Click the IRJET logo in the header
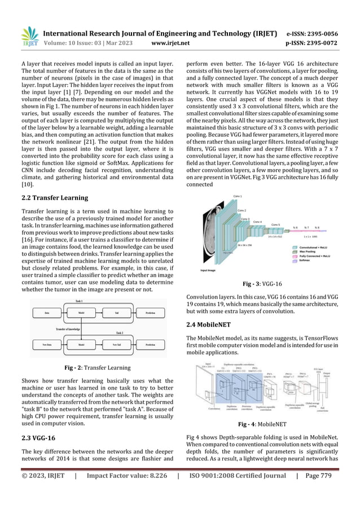click(29, 34)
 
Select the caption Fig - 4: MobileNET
click(262, 424)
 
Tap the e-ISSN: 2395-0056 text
click(321, 33)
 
